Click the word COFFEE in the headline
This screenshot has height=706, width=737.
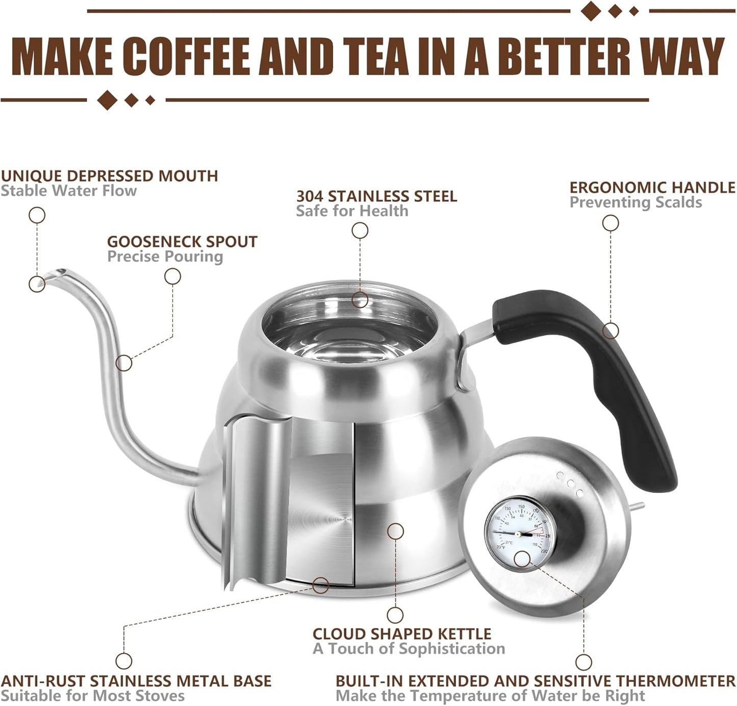click(x=188, y=57)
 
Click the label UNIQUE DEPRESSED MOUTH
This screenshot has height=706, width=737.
click(x=109, y=176)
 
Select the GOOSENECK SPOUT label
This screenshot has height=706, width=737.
click(x=182, y=242)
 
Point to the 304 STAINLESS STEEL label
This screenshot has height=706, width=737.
click(x=376, y=196)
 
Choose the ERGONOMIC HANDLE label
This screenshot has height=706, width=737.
click(x=652, y=188)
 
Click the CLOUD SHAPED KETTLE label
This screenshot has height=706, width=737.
click(x=402, y=634)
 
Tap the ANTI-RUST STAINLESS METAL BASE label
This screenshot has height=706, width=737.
click(x=136, y=681)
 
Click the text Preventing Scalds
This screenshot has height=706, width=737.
click(x=636, y=202)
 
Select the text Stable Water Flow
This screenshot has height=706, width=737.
click(x=69, y=191)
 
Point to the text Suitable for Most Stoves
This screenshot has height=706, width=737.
click(x=93, y=696)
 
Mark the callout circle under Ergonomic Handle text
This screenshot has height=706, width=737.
click(x=611, y=223)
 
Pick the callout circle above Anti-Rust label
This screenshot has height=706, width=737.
click(x=123, y=661)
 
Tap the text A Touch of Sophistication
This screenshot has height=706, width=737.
click(x=409, y=649)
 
